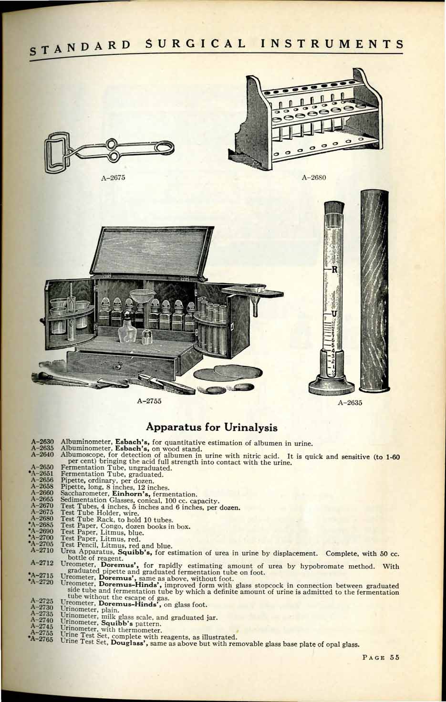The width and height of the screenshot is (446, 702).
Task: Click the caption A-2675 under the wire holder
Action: click(x=113, y=178)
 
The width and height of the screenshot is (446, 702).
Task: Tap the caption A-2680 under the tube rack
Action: click(x=313, y=178)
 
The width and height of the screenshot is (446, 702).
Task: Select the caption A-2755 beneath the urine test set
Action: click(x=149, y=401)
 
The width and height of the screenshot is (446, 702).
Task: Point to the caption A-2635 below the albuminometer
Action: click(x=350, y=402)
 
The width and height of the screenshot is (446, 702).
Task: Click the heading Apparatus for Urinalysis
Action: click(x=212, y=427)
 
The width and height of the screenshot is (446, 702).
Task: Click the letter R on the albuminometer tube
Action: click(x=334, y=270)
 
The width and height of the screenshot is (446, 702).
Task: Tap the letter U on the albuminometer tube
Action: click(x=334, y=313)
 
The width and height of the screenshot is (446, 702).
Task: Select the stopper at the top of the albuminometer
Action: click(x=334, y=209)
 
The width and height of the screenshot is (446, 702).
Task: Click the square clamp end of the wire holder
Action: click(x=57, y=153)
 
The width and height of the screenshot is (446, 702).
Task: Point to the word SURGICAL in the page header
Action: click(x=196, y=44)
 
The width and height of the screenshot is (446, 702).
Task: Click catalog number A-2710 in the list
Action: click(x=42, y=550)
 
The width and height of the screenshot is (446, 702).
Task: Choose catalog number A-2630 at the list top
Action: click(x=42, y=442)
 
